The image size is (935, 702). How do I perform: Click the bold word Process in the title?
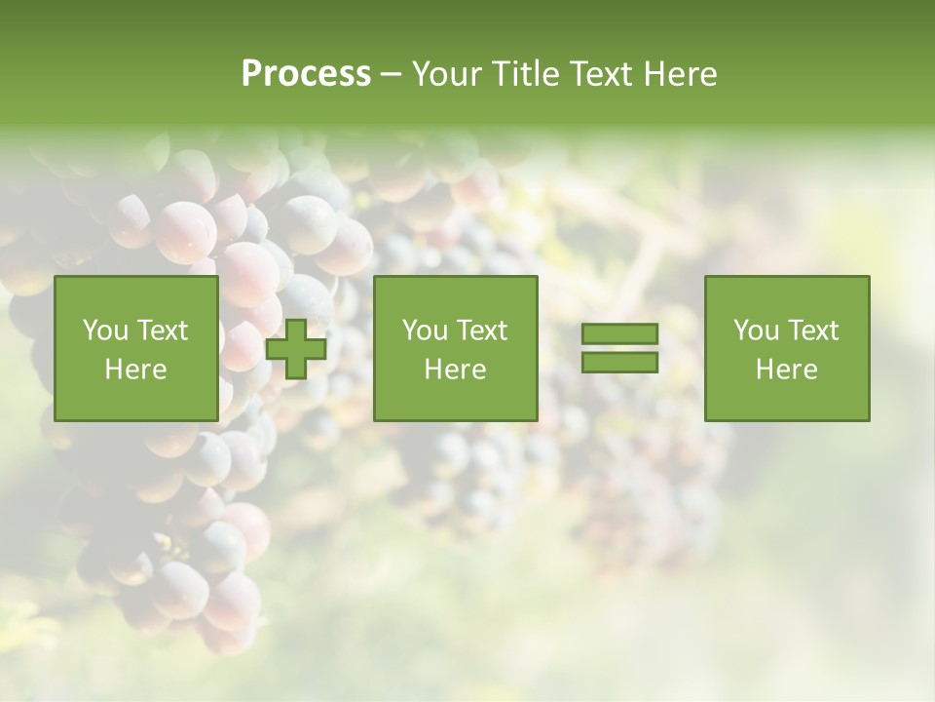tap(306, 74)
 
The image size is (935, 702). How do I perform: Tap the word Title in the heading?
tap(527, 74)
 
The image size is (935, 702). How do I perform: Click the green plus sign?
tap(296, 349)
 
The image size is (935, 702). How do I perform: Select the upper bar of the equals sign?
tap(619, 334)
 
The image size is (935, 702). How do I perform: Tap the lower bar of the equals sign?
tap(619, 363)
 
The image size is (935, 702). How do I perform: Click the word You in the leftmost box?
tap(105, 331)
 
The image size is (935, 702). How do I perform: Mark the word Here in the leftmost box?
tap(135, 370)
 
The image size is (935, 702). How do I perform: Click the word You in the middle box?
tap(425, 331)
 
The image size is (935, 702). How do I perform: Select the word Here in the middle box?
tap(455, 370)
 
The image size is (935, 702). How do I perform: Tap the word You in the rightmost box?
tap(756, 331)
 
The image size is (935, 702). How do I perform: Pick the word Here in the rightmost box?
tap(786, 370)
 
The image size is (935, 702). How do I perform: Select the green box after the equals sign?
tap(786, 400)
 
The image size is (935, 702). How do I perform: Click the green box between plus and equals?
tap(455, 400)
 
